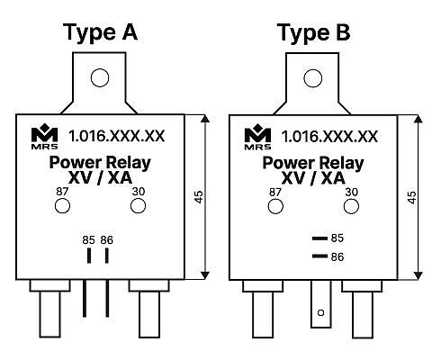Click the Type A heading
[x=101, y=33]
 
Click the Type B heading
[x=313, y=33]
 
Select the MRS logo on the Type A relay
[x=45, y=137]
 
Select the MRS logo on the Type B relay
[x=257, y=137]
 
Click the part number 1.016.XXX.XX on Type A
[x=117, y=136]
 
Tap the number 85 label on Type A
[x=88, y=240]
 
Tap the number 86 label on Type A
[x=107, y=240]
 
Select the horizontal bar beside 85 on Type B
[x=319, y=238]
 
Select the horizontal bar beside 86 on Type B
[x=319, y=256]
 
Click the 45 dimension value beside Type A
[x=199, y=197]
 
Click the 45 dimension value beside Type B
[x=412, y=197]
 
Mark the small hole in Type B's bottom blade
[x=320, y=312]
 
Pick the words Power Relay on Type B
[x=313, y=163]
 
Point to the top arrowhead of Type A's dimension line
[x=205, y=119]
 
